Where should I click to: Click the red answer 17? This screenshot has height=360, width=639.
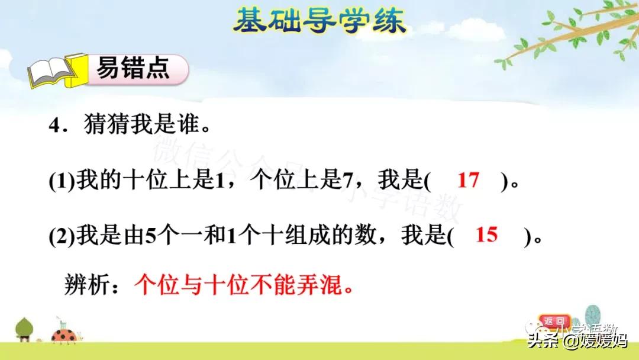(x=468, y=180)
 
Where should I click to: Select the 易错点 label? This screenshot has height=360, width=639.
(x=134, y=69)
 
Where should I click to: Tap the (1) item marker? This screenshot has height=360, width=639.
(x=60, y=181)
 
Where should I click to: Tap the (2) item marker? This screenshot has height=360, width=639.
(x=60, y=237)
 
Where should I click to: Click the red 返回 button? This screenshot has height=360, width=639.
(x=554, y=321)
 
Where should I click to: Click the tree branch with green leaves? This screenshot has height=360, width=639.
(x=568, y=36)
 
